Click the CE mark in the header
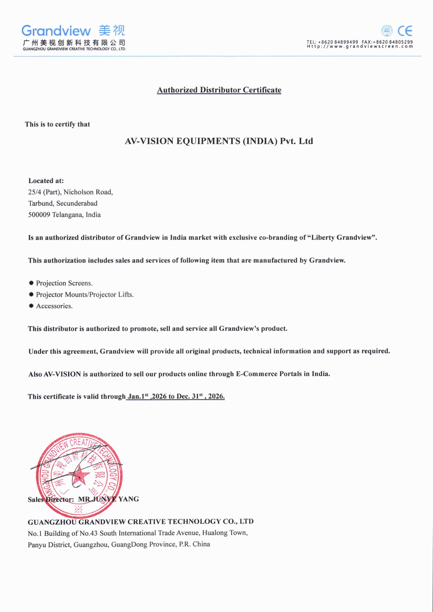405,31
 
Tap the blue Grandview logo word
56,31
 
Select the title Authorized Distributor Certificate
219,90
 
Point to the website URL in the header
360,46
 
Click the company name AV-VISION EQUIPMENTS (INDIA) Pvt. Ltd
219,141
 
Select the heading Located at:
46,181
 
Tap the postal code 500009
39,215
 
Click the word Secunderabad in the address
77,204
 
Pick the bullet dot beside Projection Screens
31,283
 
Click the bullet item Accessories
54,306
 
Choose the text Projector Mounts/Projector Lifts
85,294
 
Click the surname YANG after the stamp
129,499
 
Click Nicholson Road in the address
88,192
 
